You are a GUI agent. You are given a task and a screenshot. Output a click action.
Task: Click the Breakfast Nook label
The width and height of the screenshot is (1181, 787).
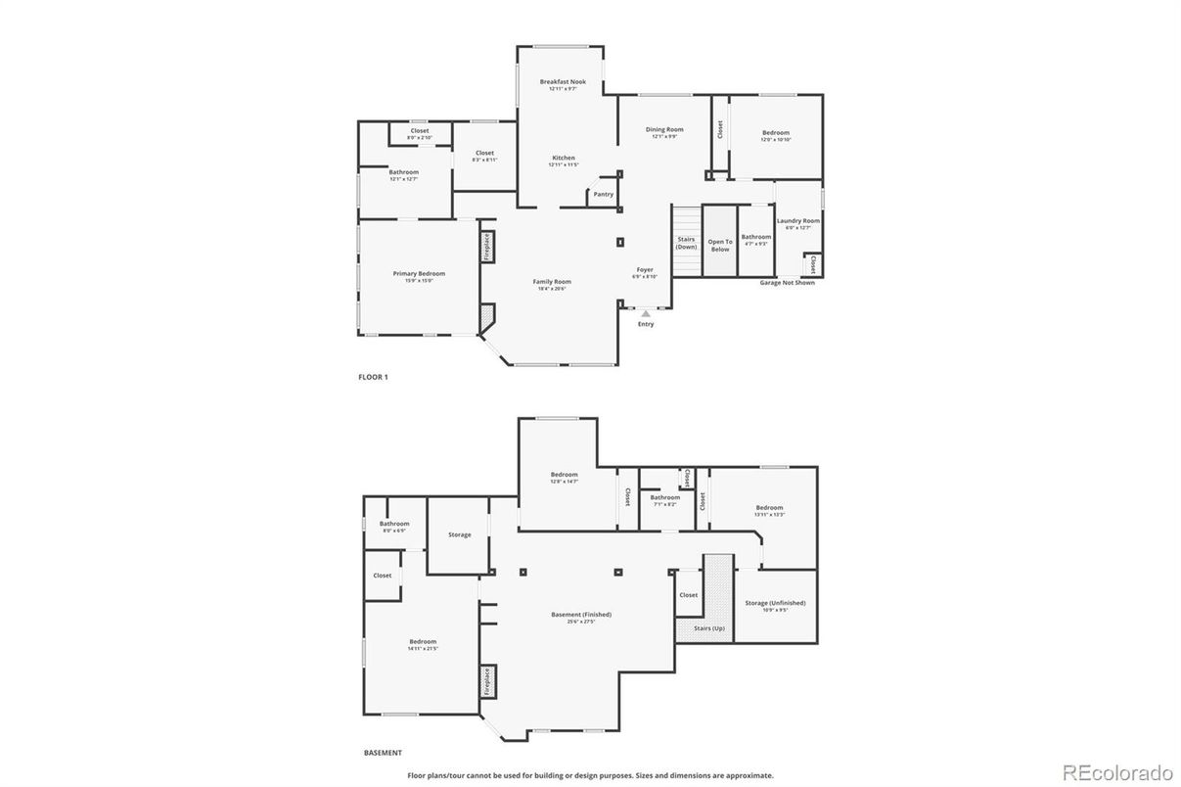(563, 82)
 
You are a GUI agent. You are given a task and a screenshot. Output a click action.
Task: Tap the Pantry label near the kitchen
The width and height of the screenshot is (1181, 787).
(604, 194)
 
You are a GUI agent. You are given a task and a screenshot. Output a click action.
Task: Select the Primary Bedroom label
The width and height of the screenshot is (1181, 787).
(419, 274)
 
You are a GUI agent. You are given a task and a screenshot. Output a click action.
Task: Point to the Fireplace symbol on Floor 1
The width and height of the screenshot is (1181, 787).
(486, 246)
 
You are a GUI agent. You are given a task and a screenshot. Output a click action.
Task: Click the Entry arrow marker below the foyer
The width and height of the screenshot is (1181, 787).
(646, 313)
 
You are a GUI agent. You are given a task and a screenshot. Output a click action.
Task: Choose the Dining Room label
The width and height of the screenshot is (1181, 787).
(664, 129)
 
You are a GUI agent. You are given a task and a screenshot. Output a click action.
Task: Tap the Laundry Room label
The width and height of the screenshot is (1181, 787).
(798, 221)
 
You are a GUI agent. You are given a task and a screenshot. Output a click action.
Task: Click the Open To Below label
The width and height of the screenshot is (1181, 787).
(720, 245)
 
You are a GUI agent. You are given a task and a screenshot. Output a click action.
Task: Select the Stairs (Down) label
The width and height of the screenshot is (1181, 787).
(687, 243)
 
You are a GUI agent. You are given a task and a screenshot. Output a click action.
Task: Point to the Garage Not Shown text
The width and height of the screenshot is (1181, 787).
(787, 283)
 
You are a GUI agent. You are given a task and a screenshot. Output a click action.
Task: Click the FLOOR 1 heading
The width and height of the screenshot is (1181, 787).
(373, 377)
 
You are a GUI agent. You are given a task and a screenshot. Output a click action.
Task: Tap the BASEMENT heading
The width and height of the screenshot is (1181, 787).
(383, 753)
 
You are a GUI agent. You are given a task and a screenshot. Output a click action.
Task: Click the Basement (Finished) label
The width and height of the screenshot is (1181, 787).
(581, 615)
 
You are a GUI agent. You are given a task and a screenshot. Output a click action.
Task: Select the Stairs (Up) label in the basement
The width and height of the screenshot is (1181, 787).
(708, 627)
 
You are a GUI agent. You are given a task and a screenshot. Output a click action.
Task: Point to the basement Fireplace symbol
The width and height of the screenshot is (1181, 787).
(487, 680)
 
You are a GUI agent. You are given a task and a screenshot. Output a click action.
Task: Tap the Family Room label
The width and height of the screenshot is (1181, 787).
(552, 282)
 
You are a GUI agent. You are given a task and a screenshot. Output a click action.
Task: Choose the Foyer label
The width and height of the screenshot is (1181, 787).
(645, 270)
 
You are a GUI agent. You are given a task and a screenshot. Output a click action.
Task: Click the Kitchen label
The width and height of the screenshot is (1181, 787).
(564, 158)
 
